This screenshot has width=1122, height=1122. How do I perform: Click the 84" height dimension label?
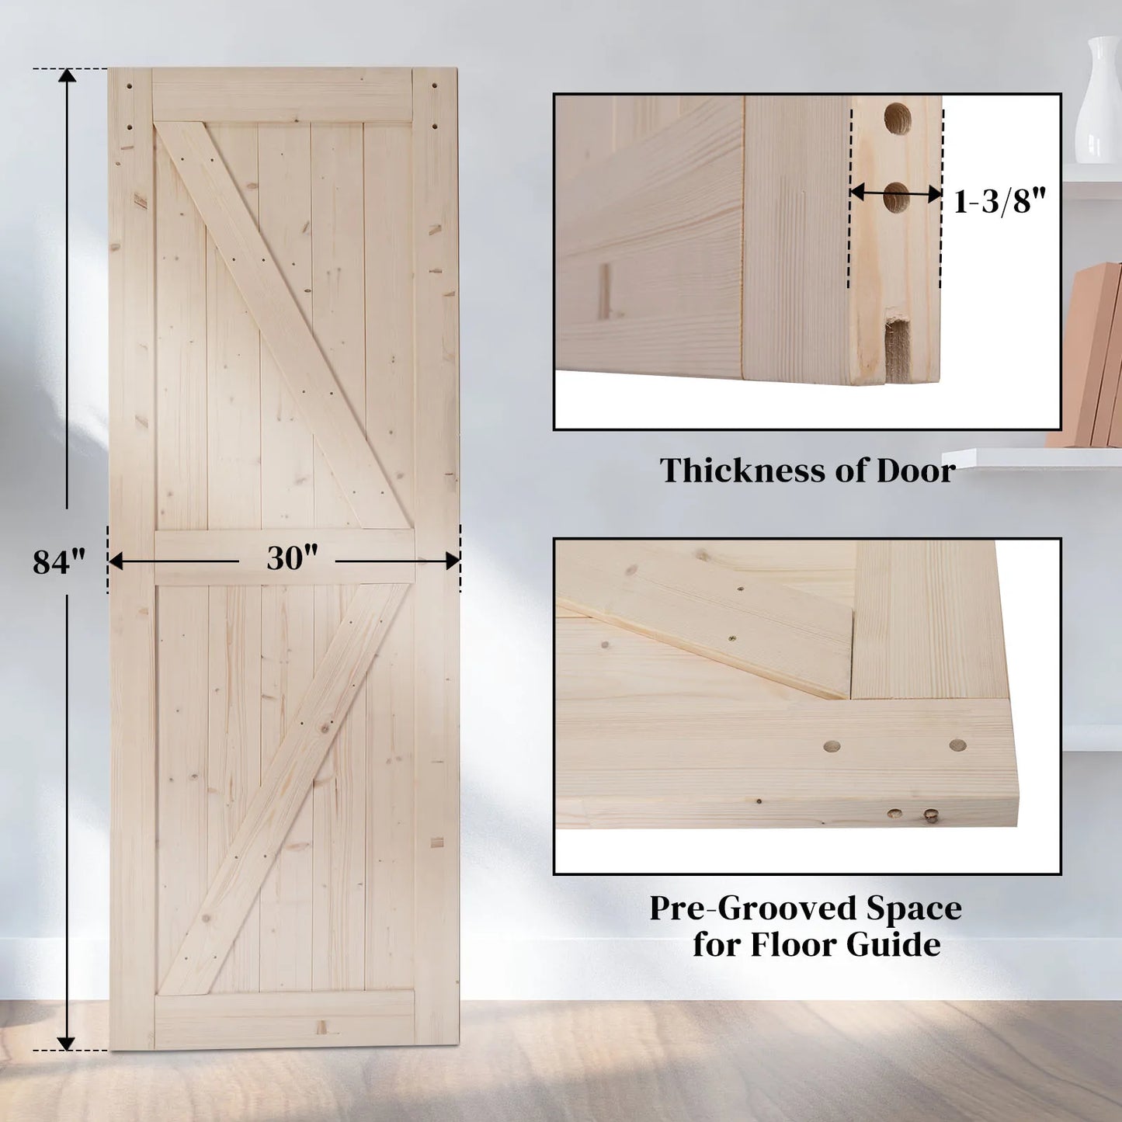coord(58,561)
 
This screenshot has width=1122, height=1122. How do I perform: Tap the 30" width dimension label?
coord(292,558)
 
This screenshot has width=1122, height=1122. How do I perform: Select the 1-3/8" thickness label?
coord(999,201)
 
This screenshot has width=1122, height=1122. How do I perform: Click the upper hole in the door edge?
coord(898,119)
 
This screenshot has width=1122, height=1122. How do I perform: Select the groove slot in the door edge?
coord(898,349)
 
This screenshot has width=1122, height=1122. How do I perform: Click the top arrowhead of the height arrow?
coord(67,76)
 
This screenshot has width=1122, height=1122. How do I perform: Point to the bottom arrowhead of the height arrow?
coord(67,1042)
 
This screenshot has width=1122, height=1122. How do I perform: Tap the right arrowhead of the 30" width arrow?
coord(452,561)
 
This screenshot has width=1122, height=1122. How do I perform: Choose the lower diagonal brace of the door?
coord(284,788)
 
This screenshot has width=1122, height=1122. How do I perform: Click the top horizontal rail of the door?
coord(282,96)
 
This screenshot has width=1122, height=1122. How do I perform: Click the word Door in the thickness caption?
coord(915,471)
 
